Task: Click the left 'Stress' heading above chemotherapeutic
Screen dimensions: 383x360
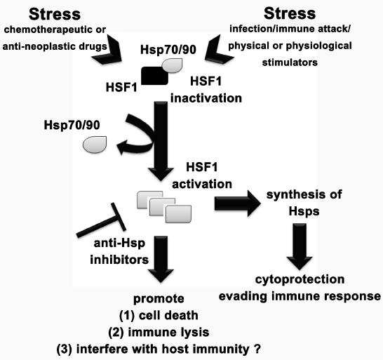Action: pyautogui.click(x=55, y=14)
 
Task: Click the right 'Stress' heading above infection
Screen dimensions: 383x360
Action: pyautogui.click(x=290, y=13)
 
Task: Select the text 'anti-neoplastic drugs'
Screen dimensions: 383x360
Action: pyautogui.click(x=55, y=46)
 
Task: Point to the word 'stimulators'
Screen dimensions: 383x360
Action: pyautogui.click(x=290, y=62)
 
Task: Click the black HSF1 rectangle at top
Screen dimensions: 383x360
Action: pyautogui.click(x=154, y=76)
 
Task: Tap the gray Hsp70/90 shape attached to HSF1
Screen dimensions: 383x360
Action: pyautogui.click(x=173, y=65)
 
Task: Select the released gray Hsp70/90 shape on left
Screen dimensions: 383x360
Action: pyautogui.click(x=95, y=145)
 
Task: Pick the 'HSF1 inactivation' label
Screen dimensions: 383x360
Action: pyautogui.click(x=206, y=90)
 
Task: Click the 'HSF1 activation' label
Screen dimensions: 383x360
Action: pyautogui.click(x=202, y=175)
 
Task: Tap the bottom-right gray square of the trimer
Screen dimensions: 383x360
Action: pyautogui.click(x=178, y=214)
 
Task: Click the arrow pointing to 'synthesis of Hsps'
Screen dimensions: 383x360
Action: pyautogui.click(x=237, y=204)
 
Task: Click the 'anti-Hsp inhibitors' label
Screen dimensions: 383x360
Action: pyautogui.click(x=119, y=251)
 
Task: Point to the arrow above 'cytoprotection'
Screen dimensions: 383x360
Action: pyautogui.click(x=300, y=246)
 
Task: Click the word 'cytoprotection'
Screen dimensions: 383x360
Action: pyautogui.click(x=300, y=279)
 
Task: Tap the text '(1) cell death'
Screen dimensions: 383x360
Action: pyautogui.click(x=159, y=315)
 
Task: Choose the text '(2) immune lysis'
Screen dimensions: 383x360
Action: pyautogui.click(x=159, y=332)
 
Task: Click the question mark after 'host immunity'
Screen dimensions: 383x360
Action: pyautogui.click(x=257, y=349)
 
